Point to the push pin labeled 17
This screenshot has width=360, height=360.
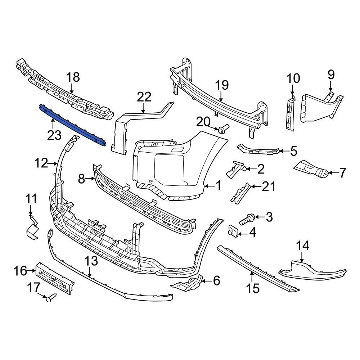50,297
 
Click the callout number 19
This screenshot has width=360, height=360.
222,85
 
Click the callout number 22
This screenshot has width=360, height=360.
144,97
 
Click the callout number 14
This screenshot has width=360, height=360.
302,246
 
